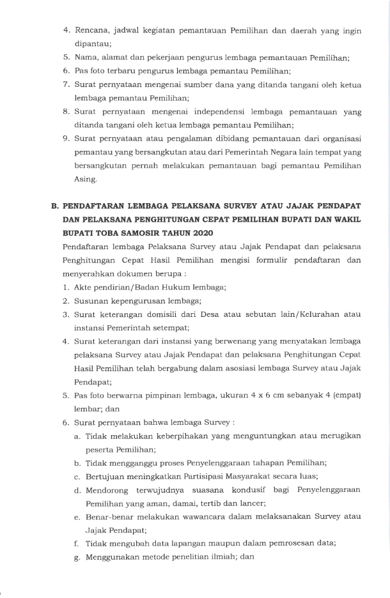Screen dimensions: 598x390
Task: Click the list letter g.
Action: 77,557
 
